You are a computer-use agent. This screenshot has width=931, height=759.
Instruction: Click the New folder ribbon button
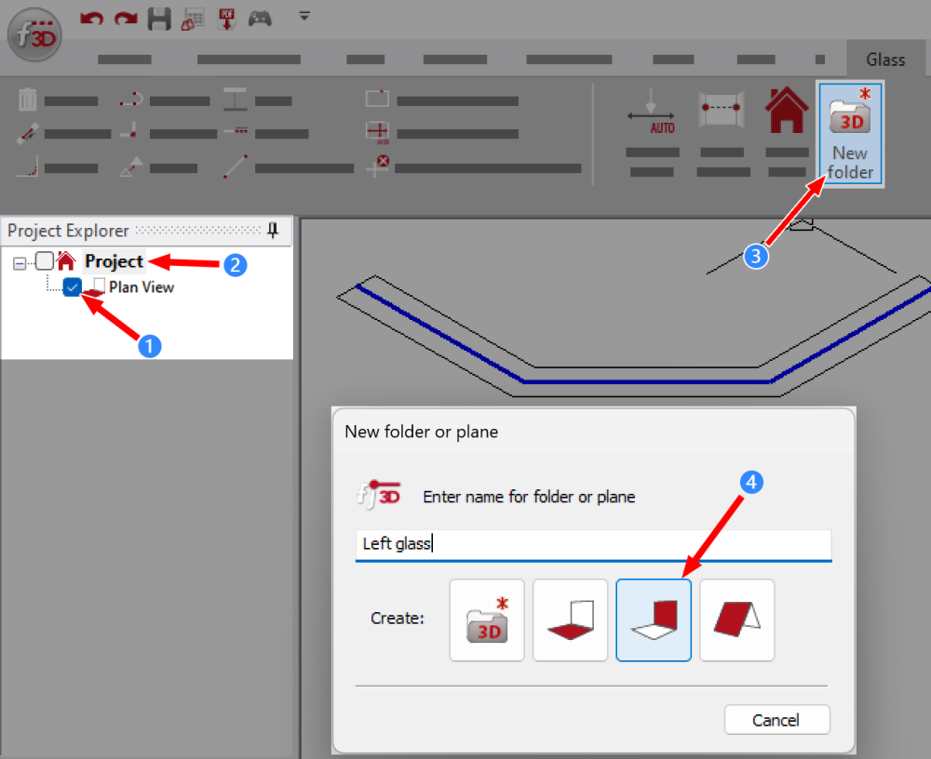pos(849,132)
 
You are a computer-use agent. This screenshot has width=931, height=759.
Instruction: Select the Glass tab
pos(884,60)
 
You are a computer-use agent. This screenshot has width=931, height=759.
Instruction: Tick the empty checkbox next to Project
pos(45,261)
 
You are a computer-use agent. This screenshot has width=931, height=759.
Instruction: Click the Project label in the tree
pos(114,261)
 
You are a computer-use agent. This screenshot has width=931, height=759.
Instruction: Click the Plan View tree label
pos(141,287)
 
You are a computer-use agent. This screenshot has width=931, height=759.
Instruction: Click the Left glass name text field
pos(593,544)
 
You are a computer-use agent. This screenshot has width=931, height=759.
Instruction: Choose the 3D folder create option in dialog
pos(487,620)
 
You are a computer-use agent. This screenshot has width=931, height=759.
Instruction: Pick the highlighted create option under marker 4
pos(654,620)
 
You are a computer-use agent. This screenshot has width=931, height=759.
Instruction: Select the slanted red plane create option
pos(736,620)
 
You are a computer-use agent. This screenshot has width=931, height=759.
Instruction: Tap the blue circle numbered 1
pos(149,346)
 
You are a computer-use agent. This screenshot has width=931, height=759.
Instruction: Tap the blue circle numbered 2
pos(235,264)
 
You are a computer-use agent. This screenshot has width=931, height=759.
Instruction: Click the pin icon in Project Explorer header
pos(273,230)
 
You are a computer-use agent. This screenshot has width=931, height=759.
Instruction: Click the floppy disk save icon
pos(159,18)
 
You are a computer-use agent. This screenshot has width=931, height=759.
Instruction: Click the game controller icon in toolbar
pos(260,18)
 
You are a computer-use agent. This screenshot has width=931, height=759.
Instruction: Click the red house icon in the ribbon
pos(787,112)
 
